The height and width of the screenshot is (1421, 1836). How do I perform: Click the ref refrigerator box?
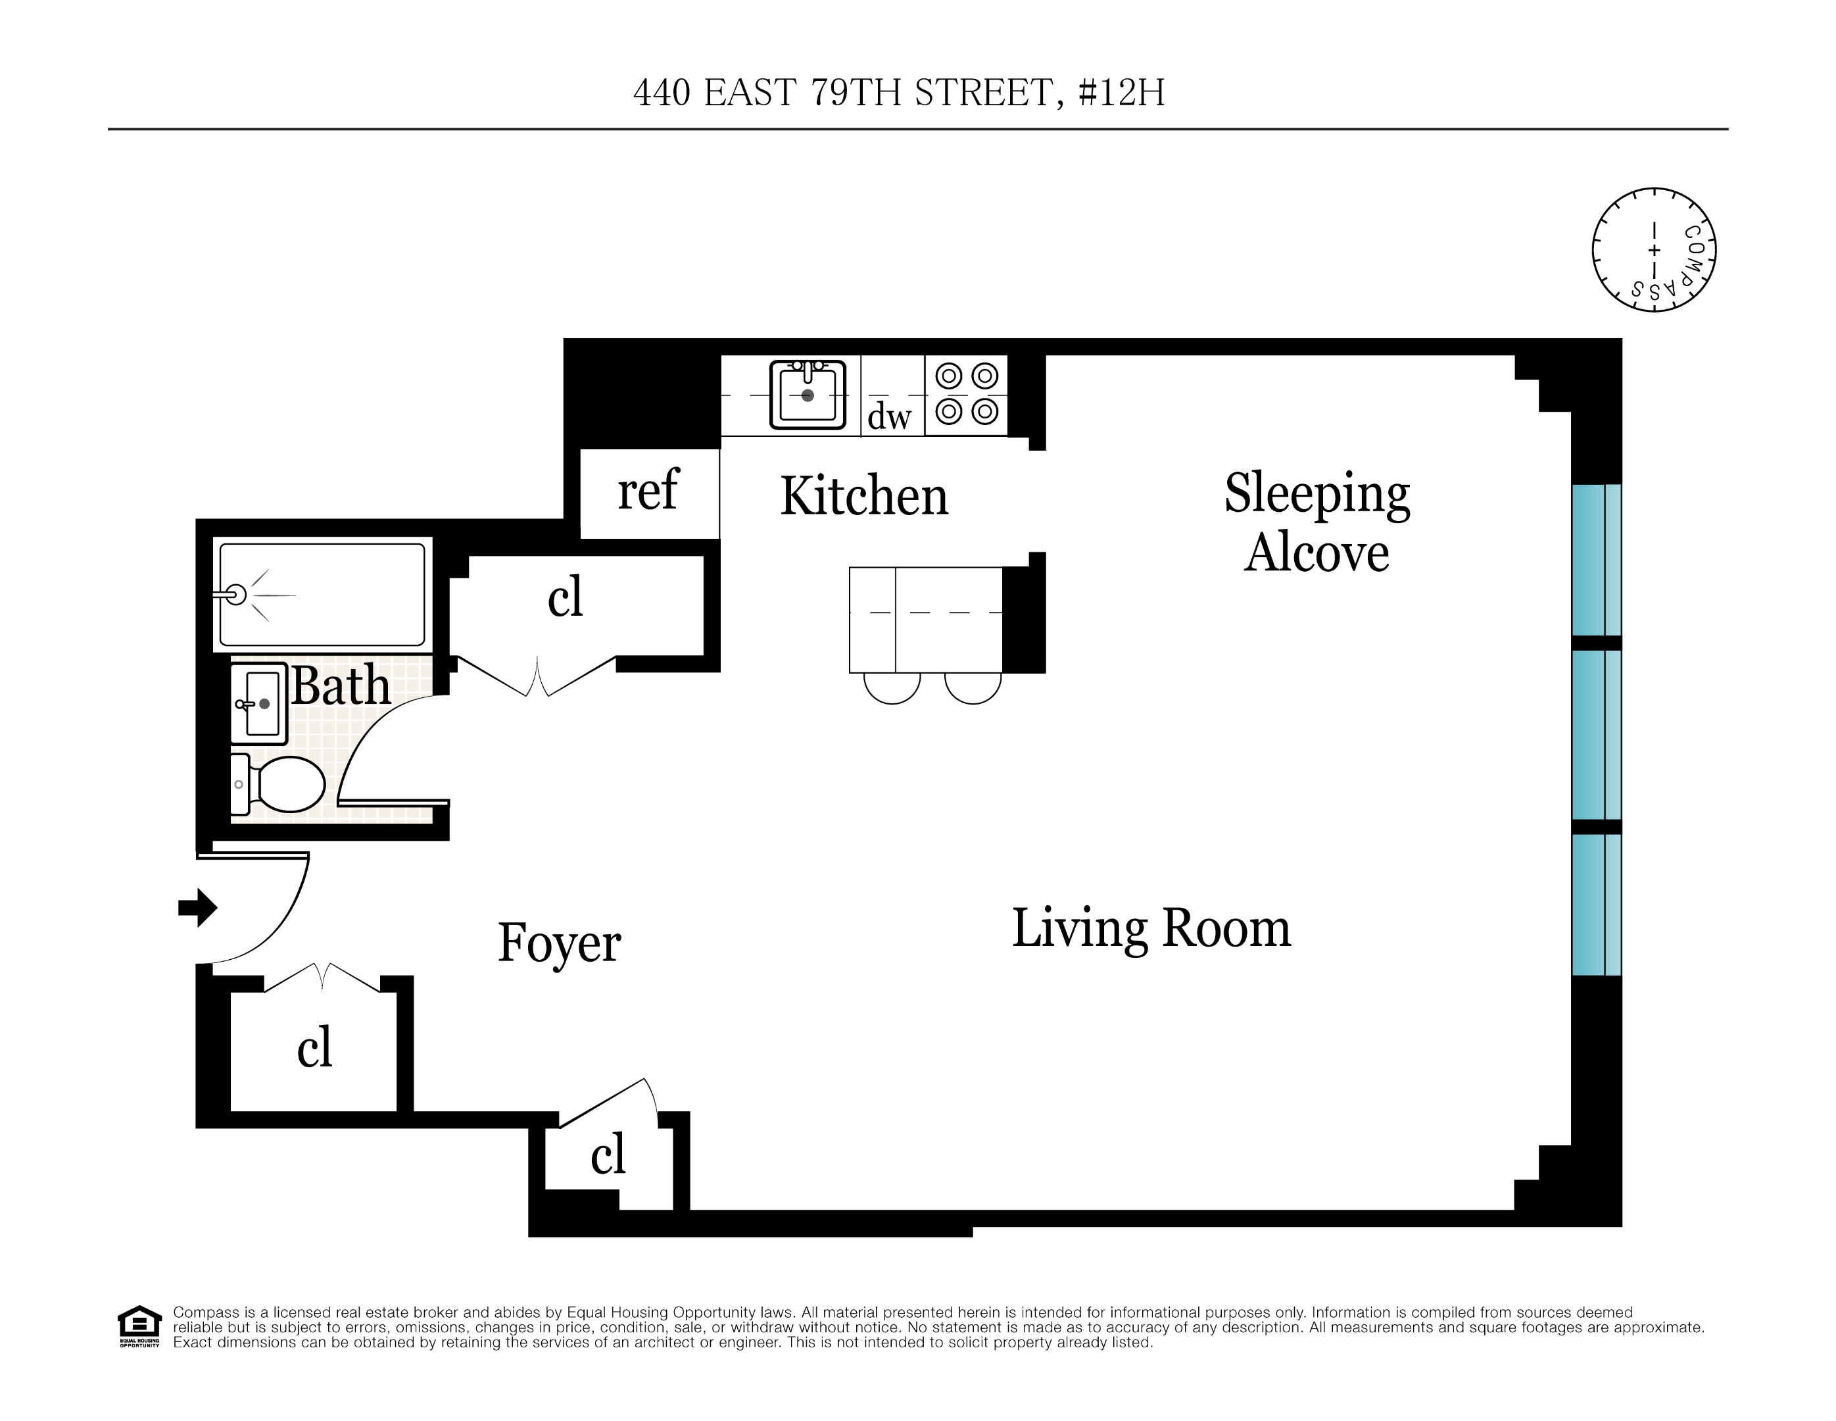pos(648,492)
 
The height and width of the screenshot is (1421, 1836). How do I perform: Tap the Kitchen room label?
pos(863,496)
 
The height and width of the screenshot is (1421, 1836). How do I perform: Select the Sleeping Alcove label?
pos(1317,523)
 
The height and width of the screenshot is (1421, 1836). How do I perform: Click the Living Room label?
pos(1151,928)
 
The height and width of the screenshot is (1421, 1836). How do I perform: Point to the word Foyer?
pos(559,943)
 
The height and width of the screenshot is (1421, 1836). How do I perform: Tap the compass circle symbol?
pos(1654,250)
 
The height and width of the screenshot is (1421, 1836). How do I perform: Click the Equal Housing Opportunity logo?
pos(139,1326)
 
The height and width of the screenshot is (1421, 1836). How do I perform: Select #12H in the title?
pos(1121,93)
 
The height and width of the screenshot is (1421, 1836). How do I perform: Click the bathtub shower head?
pos(235,595)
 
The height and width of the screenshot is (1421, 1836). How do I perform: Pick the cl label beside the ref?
pos(565,598)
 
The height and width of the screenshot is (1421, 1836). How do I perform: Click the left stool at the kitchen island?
pos(892,687)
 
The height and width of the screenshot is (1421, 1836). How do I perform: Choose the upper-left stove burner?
pos(949,376)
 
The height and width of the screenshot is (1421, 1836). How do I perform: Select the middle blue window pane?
pos(1595,735)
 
